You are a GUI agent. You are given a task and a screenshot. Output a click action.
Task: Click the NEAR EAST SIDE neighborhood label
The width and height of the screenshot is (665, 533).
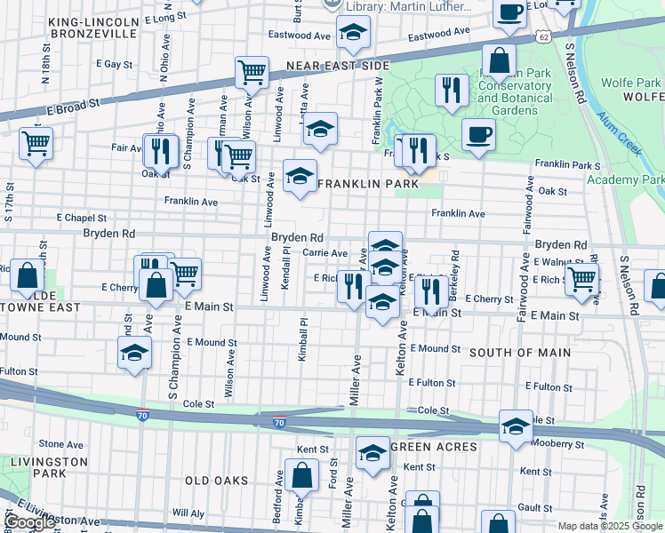(338, 67)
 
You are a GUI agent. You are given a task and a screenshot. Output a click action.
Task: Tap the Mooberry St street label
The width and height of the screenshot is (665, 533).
(558, 444)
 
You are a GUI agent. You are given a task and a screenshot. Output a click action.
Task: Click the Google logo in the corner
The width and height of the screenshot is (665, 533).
(29, 522)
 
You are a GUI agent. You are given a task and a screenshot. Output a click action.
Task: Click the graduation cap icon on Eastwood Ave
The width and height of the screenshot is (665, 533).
(353, 34)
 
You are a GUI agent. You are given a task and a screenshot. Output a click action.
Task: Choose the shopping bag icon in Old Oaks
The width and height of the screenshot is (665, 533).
(301, 475)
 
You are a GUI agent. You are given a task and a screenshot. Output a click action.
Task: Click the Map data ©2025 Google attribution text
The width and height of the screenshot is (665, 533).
(609, 526)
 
